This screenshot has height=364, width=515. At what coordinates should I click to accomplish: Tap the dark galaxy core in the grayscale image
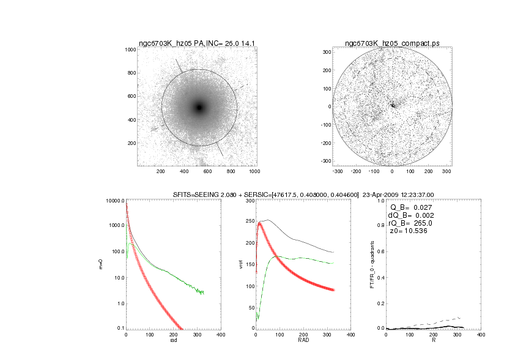coord(199,108)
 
